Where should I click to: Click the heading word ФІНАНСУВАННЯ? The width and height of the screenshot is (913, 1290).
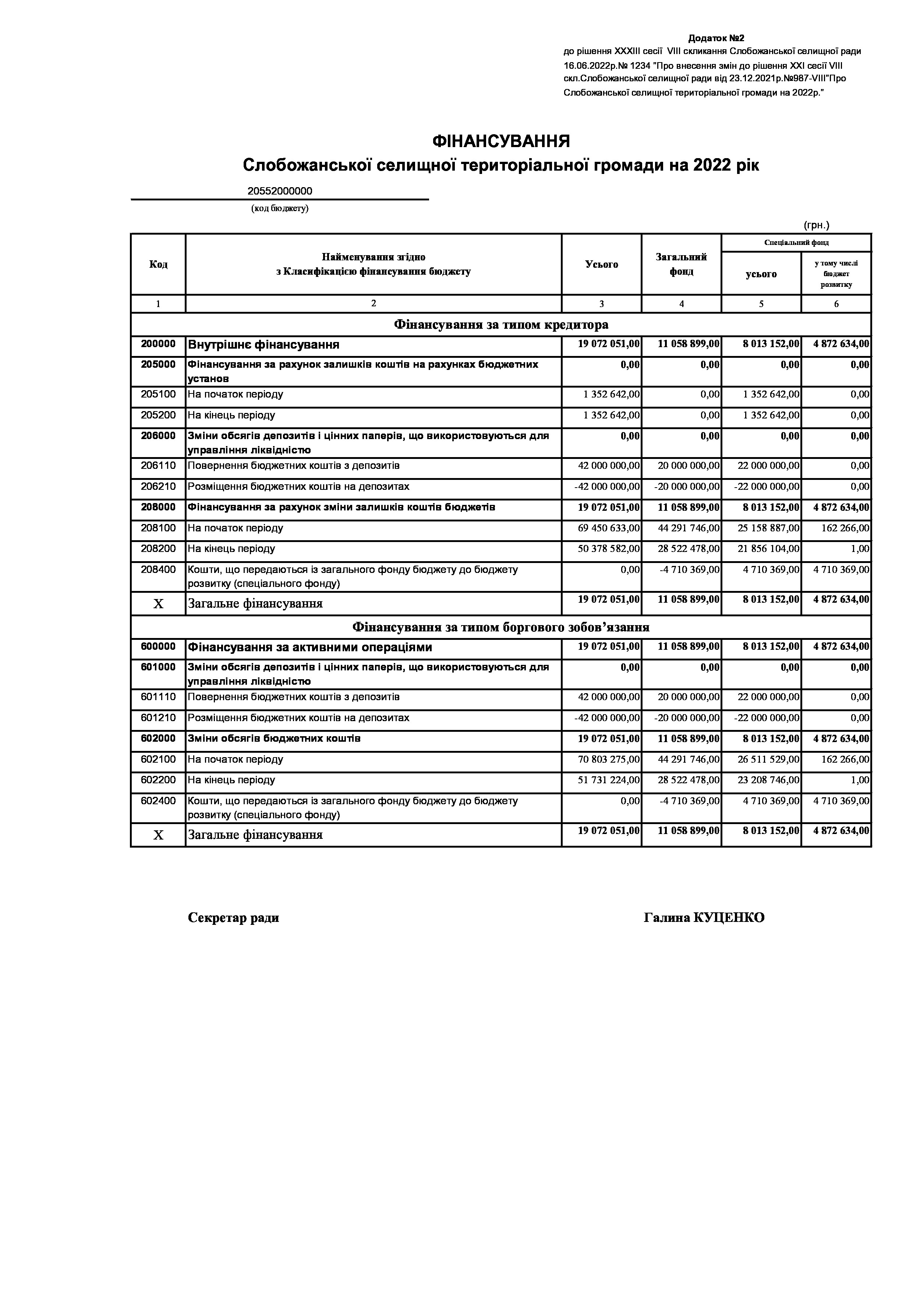(x=500, y=141)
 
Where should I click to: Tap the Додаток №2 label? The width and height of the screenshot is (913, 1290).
(x=716, y=38)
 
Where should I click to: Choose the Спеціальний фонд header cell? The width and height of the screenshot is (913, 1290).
(x=796, y=243)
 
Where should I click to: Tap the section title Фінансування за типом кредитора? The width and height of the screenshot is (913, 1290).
(x=500, y=325)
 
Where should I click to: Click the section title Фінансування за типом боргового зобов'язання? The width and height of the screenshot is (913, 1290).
(x=500, y=627)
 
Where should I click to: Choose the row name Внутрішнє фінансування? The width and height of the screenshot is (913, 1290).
(x=263, y=345)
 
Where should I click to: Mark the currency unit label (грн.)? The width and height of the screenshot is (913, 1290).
(x=816, y=225)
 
